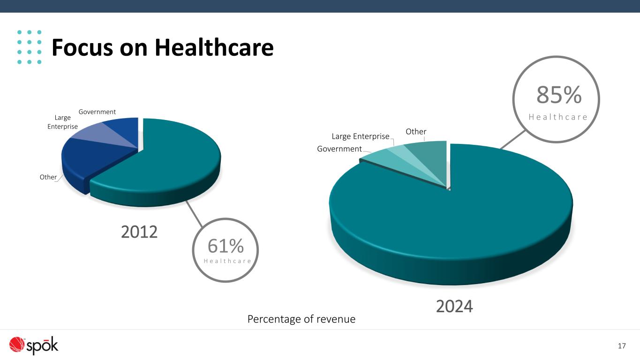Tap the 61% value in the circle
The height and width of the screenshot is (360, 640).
pos(226,246)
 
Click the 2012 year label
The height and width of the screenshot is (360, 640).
pos(139,232)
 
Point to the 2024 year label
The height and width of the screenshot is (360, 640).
pos(454,307)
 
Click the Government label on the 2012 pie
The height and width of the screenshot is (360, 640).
pos(97,112)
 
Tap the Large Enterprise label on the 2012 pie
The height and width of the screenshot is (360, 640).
pos(63,122)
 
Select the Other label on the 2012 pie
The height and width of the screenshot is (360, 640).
pos(48,177)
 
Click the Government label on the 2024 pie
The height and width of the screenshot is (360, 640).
pos(339,149)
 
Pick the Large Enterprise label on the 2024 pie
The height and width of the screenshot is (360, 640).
pos(361,136)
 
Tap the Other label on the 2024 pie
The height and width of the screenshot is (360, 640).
pos(416,132)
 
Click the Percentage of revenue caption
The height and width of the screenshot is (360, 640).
pos(301,319)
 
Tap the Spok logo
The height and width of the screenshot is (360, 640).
pos(34,345)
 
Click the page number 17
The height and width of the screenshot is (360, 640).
pos(622,346)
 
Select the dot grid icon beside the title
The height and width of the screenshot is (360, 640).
pos(29,47)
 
